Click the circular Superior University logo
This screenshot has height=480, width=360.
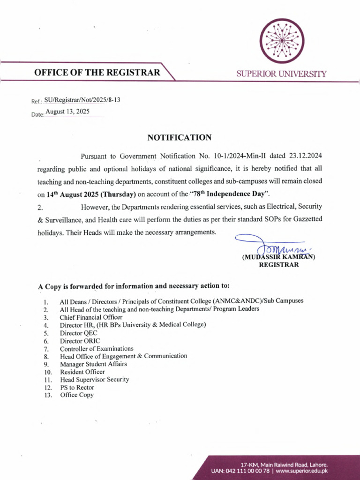[282, 41]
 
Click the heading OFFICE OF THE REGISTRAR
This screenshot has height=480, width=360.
[97, 73]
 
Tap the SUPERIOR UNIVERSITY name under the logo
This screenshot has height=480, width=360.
[281, 74]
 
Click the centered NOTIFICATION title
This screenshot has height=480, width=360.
[180, 137]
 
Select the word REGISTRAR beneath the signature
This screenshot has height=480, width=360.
[279, 265]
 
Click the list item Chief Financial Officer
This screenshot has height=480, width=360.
[91, 317]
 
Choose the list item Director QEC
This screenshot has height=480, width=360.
[78, 333]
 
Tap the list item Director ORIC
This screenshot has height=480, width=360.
[80, 341]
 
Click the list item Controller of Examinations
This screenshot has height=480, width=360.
[97, 349]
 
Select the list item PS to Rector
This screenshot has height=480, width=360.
[77, 387]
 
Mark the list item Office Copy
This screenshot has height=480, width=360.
[77, 395]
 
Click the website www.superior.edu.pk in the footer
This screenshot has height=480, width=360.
[301, 471]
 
